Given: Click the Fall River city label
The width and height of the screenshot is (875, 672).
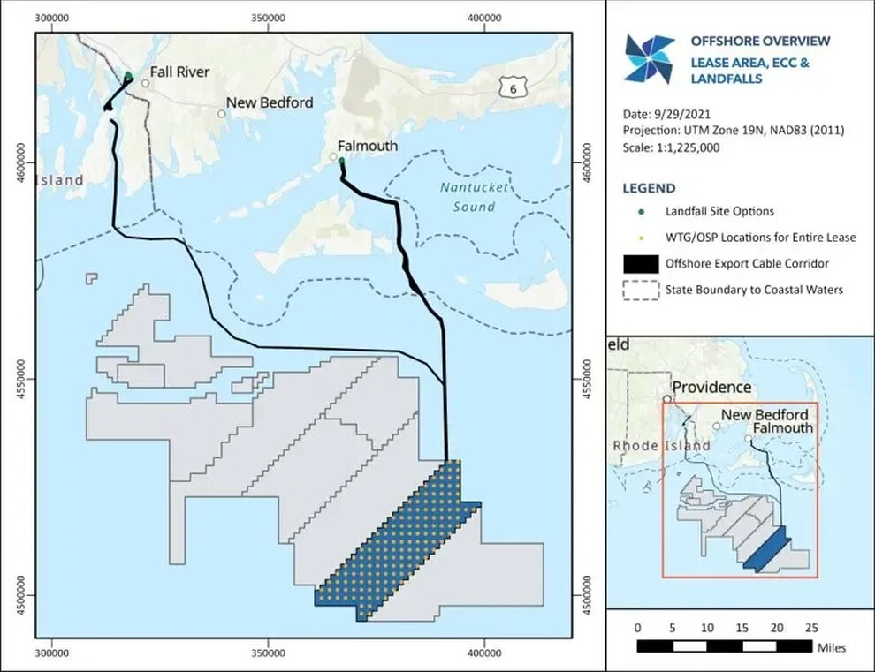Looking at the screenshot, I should [x=179, y=72].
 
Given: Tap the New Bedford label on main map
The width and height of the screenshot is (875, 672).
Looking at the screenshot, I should [x=270, y=103].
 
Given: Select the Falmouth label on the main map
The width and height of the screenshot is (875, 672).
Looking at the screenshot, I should [x=368, y=146].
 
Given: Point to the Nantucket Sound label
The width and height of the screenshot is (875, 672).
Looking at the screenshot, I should [x=468, y=196].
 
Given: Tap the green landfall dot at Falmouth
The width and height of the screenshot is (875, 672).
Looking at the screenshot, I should [x=341, y=161].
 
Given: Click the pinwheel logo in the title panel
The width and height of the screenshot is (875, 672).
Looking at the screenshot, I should [x=649, y=59].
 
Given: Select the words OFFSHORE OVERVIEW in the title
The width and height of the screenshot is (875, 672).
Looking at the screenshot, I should [x=760, y=41].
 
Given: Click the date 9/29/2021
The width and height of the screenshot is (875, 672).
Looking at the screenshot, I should [x=679, y=115].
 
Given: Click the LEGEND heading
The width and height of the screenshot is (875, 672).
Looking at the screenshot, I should [x=649, y=188].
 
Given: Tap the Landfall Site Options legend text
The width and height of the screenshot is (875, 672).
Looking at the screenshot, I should [x=719, y=211].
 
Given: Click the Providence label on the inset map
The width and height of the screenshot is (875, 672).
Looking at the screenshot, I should [x=712, y=388].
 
